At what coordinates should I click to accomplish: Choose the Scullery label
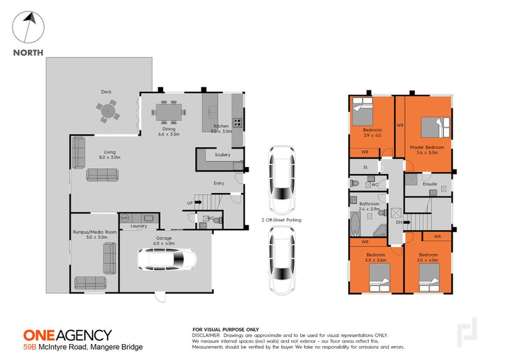tap(222, 155)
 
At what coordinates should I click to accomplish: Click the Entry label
tap(219, 184)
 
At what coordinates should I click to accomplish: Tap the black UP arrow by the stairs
tap(197, 203)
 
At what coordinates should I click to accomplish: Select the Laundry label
tap(139, 226)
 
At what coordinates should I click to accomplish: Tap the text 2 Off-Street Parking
tap(280, 220)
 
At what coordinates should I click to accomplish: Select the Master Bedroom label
tap(426, 147)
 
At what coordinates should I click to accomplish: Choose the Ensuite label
tap(430, 184)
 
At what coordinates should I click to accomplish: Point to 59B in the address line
tap(29, 347)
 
